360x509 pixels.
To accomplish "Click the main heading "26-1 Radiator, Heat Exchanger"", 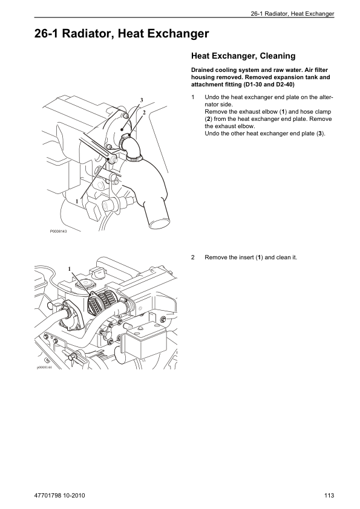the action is tap(122, 34).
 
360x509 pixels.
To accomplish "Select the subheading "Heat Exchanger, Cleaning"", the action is tap(243, 56).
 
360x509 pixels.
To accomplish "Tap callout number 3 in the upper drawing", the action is tap(142, 100).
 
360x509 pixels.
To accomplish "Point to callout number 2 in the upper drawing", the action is tap(144, 112).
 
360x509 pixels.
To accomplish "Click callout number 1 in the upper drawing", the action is tap(77, 201).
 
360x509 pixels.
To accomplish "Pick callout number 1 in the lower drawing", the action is tap(70, 268).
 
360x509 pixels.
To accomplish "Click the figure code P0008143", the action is tap(58, 232).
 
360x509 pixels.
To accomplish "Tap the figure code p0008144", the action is tap(44, 368).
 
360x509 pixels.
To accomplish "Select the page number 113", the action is tap(329, 495).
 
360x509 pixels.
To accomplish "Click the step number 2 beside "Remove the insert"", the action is tap(192, 258).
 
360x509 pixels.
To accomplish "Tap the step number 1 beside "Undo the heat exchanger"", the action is tap(192, 97).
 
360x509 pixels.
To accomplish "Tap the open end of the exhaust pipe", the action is tap(159, 223).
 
